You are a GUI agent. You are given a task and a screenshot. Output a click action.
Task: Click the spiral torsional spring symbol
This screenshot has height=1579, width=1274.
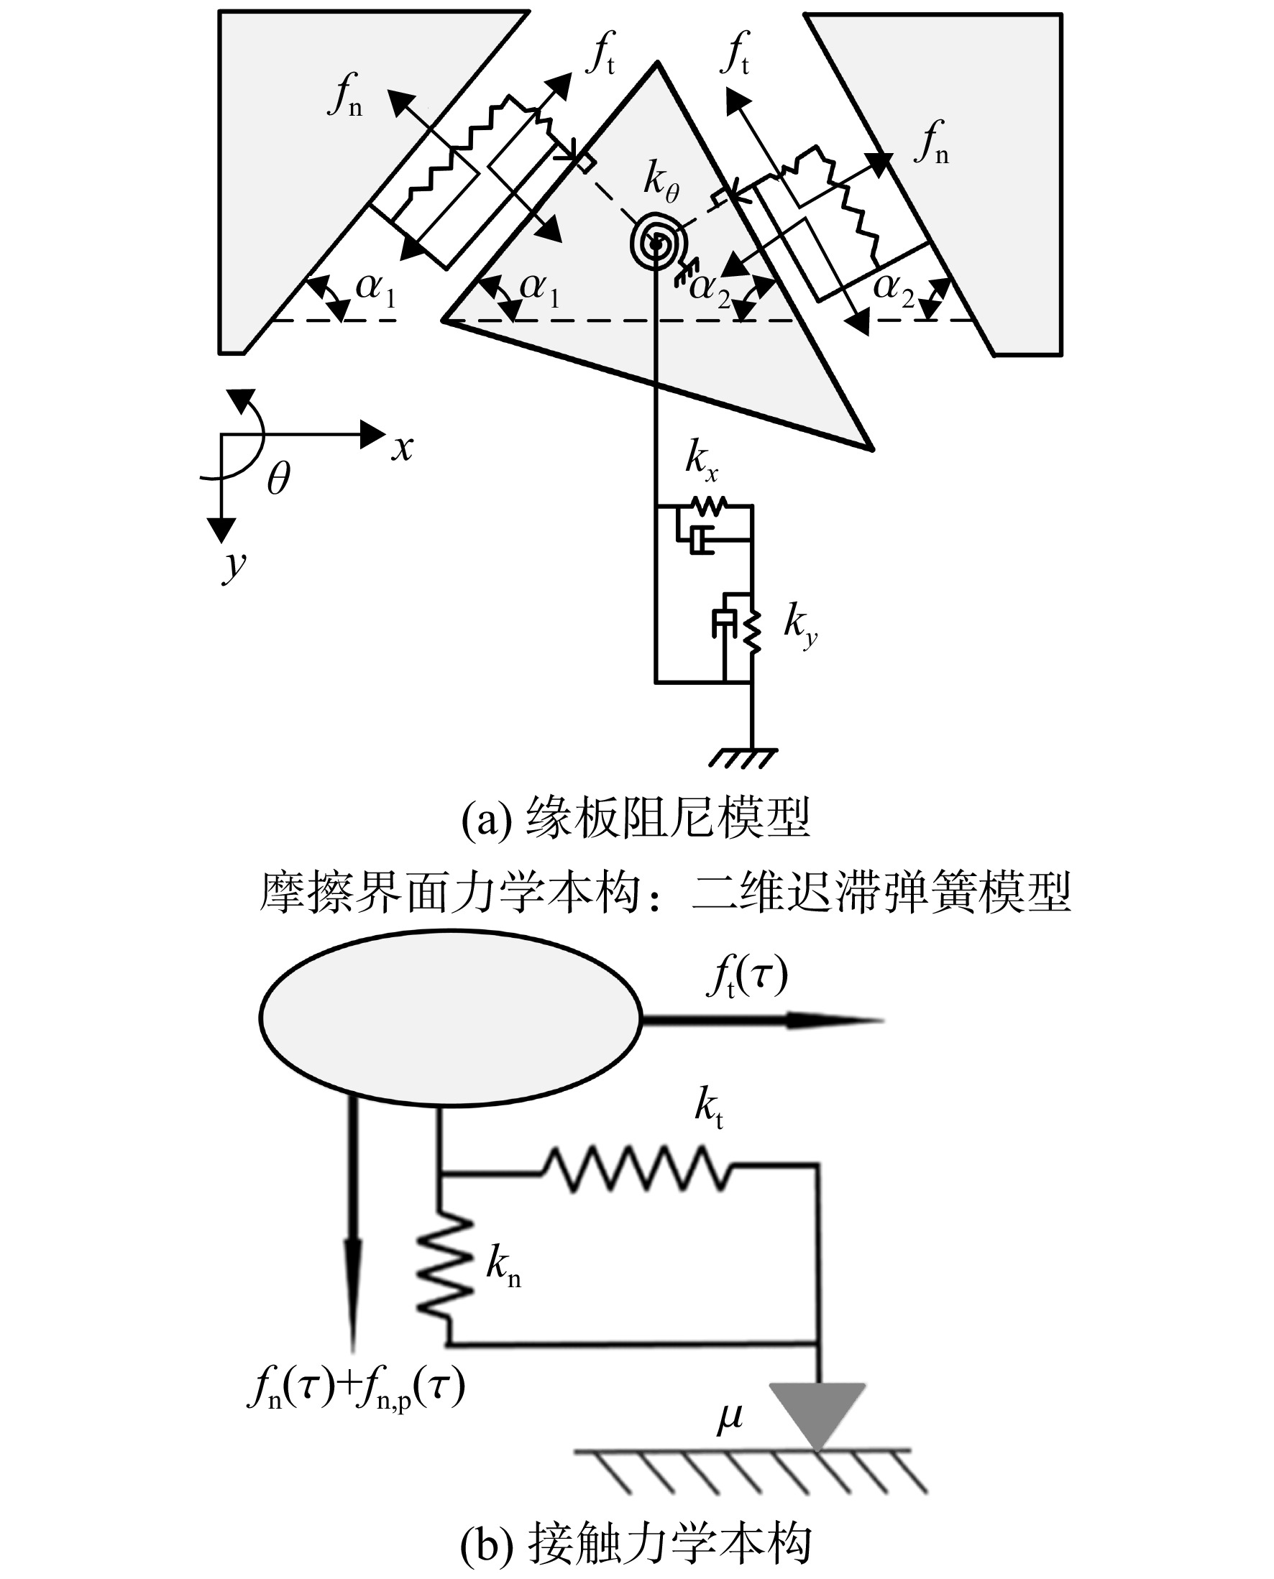point(658,242)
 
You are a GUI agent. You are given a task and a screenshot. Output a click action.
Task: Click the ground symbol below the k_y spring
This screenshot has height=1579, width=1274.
point(743,758)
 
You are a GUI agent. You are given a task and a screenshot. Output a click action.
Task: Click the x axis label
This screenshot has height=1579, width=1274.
point(402,448)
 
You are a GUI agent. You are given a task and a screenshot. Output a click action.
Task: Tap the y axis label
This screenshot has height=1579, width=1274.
point(234,566)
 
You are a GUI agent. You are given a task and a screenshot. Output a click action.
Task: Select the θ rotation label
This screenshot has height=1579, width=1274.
point(279,479)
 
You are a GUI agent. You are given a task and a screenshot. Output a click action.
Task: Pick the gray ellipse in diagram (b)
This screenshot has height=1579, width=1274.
point(451,1018)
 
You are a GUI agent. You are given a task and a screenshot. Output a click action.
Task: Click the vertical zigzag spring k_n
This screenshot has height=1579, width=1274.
point(444,1268)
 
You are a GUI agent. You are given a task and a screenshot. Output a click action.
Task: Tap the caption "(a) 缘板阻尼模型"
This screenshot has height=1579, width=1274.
point(636,819)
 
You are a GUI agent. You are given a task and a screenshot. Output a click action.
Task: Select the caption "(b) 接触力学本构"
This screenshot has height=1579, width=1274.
point(636,1544)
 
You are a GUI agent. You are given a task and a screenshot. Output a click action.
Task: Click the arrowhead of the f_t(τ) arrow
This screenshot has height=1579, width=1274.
point(837,1020)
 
